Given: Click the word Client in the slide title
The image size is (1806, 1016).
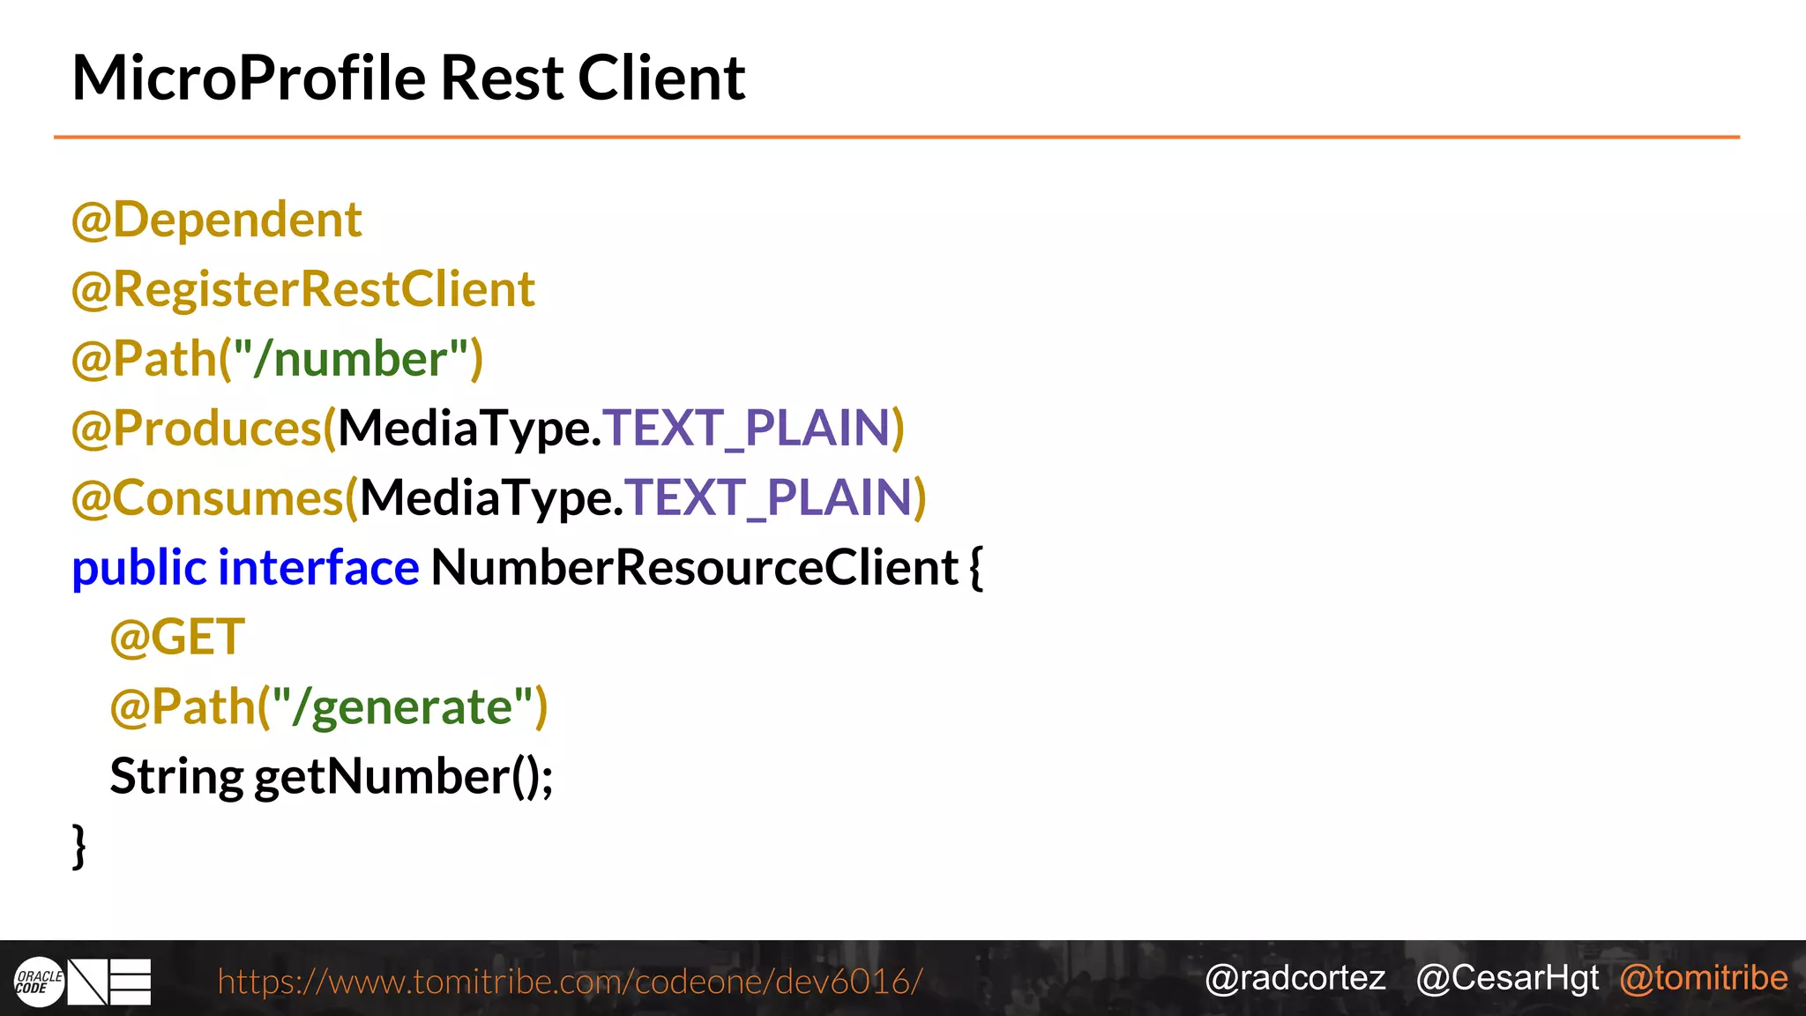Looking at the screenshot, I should click(x=660, y=78).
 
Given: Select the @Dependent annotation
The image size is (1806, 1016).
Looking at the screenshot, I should click(x=216, y=220).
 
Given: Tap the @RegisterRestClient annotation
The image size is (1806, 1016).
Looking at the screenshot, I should click(x=302, y=289).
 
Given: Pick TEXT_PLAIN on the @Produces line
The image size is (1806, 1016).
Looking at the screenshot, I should click(x=747, y=429).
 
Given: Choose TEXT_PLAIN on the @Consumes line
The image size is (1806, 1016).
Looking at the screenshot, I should click(x=769, y=498).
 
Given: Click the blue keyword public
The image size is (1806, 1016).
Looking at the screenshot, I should click(x=139, y=568).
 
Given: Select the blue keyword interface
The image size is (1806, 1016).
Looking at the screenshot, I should click(x=318, y=568).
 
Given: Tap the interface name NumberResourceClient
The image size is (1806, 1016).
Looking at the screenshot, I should click(x=694, y=568).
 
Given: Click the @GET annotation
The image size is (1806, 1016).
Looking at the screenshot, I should click(x=177, y=637).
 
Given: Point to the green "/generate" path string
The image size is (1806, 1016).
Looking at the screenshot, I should click(x=402, y=707).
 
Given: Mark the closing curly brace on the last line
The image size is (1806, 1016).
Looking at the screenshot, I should click(x=79, y=846).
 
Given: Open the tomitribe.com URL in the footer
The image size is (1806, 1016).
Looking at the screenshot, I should click(x=570, y=981).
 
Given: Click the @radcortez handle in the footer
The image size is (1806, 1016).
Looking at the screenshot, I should click(x=1295, y=978).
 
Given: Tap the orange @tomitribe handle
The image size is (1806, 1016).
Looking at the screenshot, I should click(x=1703, y=978).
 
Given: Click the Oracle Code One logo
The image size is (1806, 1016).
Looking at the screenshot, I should click(x=82, y=982).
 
